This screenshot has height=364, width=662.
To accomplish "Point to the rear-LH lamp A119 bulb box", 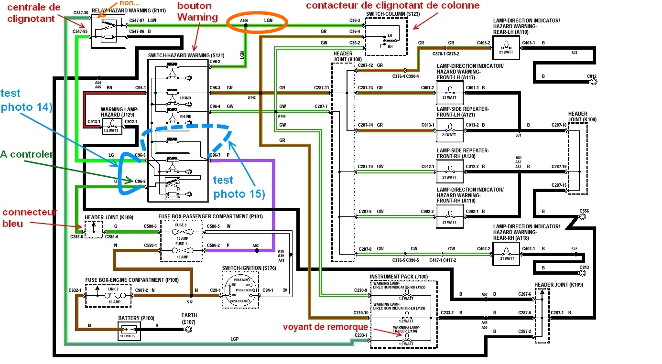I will [506, 47].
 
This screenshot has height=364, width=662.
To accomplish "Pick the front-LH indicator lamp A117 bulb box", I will [450, 92].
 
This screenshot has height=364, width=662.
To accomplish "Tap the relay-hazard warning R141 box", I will [108, 31].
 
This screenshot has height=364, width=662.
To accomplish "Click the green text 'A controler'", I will [26, 155].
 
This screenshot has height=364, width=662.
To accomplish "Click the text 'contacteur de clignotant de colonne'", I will [392, 6].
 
